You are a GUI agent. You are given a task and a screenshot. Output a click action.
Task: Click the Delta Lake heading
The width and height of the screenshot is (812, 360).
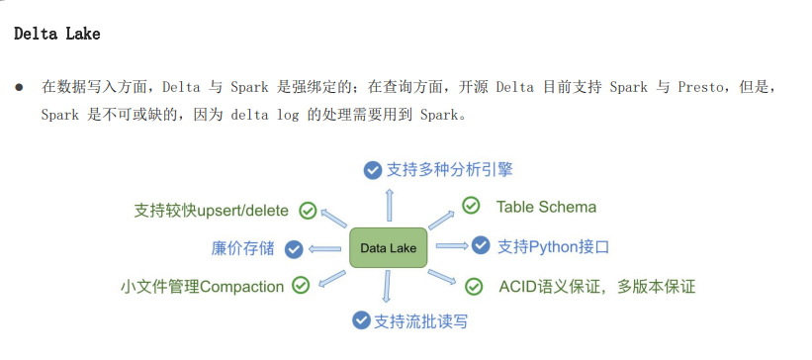(x=56, y=35)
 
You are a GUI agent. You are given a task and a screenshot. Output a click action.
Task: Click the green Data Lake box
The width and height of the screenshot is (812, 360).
(x=389, y=247)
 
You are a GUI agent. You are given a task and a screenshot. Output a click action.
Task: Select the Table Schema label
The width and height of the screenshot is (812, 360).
(x=546, y=207)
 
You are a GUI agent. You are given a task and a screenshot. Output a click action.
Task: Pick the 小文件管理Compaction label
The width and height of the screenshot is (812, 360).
(x=202, y=287)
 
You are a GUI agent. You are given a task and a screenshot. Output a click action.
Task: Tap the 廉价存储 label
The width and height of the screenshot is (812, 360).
(x=242, y=248)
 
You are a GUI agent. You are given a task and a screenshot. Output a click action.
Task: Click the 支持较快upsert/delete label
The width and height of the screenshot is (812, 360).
(x=211, y=211)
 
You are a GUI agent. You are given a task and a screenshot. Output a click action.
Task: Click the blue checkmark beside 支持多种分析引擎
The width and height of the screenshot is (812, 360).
(x=372, y=169)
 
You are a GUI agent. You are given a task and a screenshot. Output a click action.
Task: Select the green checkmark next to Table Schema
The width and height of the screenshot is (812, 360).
(x=472, y=207)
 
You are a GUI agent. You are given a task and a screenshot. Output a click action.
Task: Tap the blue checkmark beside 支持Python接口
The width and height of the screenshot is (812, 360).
(x=481, y=244)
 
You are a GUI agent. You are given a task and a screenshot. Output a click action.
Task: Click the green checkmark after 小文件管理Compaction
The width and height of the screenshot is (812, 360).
(x=300, y=286)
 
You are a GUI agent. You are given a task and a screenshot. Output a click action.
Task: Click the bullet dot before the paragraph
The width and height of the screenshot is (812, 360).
(x=19, y=88)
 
